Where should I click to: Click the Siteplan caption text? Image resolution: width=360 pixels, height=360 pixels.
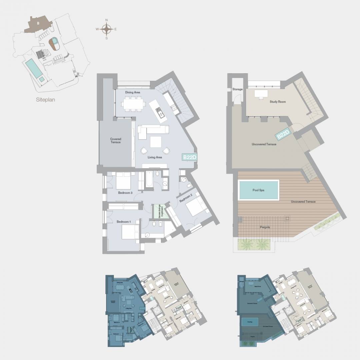(45, 99)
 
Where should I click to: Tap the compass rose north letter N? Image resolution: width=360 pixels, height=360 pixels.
(107, 20)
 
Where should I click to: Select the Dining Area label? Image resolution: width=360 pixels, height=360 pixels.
(132, 92)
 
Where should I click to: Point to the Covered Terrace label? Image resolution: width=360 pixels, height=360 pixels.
(116, 141)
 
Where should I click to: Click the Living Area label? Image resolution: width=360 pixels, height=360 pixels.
(155, 157)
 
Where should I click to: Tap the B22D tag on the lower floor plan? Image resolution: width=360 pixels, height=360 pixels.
(189, 157)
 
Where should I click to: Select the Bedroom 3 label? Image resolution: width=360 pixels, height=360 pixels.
(125, 193)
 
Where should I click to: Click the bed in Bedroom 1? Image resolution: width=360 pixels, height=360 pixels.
(130, 232)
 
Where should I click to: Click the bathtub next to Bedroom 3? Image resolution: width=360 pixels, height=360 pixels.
(149, 181)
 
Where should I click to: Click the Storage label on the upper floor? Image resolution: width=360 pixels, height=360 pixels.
(237, 89)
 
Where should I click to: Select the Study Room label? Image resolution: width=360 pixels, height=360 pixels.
(278, 102)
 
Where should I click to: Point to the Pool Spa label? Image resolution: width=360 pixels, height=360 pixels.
(258, 190)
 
